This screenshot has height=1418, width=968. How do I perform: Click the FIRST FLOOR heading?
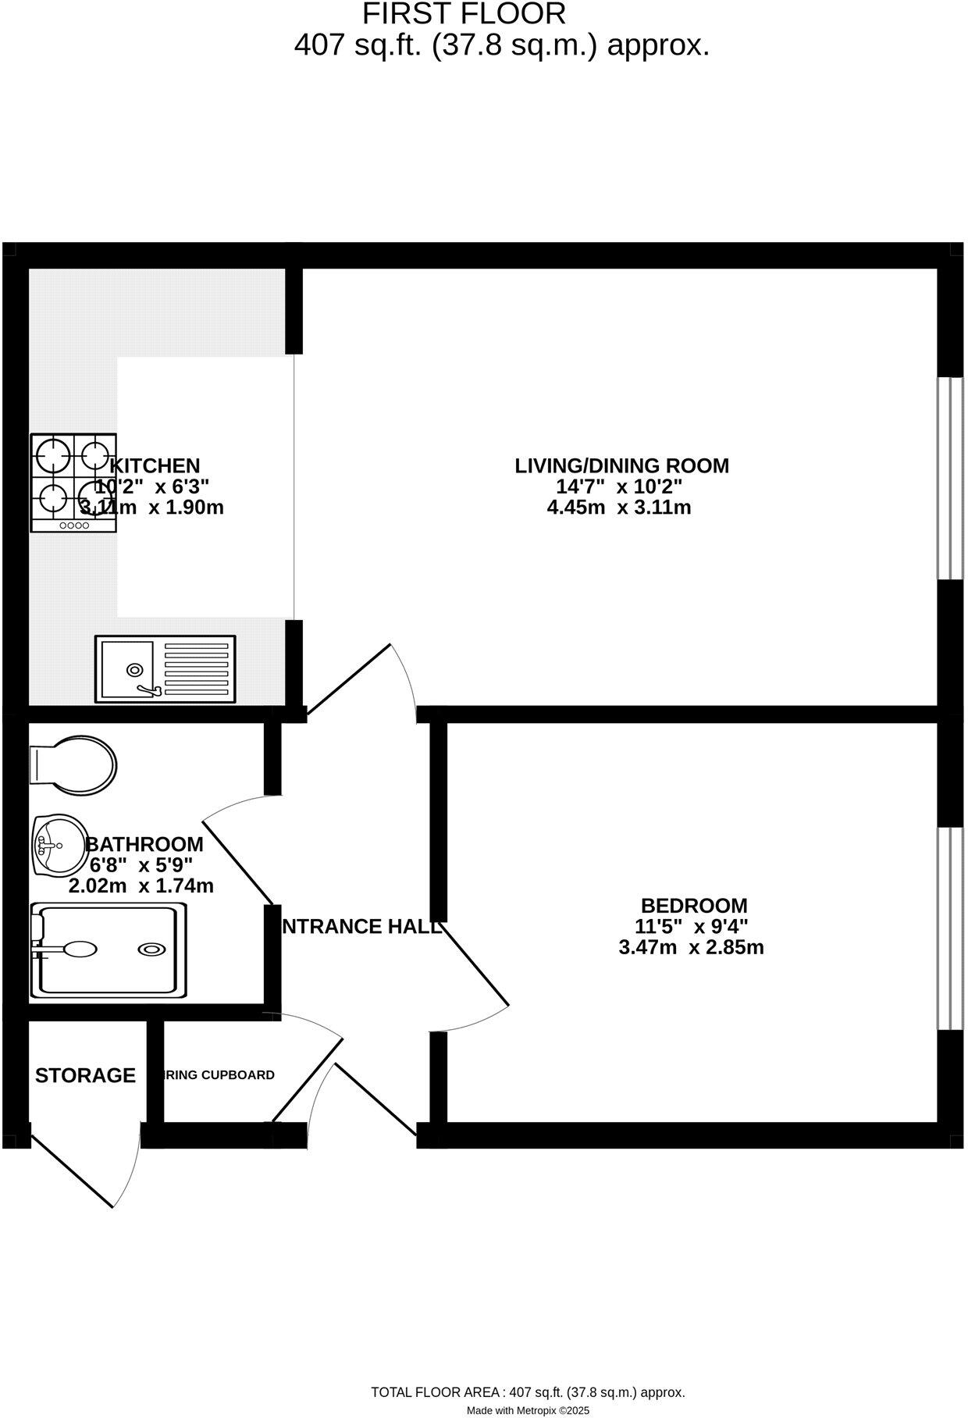click(463, 14)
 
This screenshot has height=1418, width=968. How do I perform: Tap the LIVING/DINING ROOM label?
click(621, 466)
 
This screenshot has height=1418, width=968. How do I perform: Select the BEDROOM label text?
click(693, 906)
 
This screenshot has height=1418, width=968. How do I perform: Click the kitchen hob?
click(73, 483)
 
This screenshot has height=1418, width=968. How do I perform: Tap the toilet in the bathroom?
click(73, 762)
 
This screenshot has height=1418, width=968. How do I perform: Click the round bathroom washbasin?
click(59, 845)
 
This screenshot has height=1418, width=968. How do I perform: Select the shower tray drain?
click(151, 949)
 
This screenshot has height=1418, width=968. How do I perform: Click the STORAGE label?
click(85, 1075)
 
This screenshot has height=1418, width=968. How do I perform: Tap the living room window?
click(949, 479)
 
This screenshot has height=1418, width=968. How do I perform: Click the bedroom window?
click(949, 929)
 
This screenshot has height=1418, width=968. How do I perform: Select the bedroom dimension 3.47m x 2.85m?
click(690, 948)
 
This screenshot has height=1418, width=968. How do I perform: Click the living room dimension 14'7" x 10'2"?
click(618, 487)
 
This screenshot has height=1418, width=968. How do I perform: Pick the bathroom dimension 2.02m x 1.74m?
click(141, 886)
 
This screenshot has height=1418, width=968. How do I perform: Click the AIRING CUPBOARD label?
click(219, 1075)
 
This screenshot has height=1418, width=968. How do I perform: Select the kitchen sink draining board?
click(196, 668)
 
